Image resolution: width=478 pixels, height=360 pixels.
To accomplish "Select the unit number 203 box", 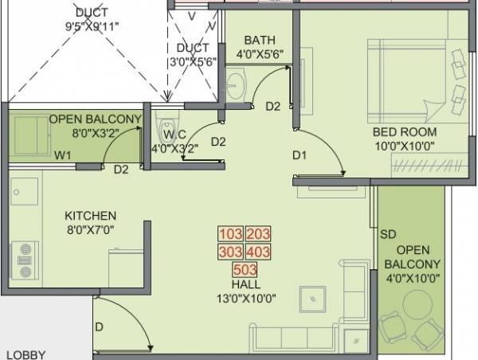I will [258, 235].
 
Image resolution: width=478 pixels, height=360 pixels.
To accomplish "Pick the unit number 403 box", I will [258, 252].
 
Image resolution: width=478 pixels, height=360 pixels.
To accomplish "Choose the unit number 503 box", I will [245, 270].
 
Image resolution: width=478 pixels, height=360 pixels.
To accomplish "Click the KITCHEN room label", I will [90, 216].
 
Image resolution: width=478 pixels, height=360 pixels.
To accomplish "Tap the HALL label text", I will [245, 285].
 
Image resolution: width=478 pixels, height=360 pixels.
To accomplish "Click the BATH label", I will [260, 41].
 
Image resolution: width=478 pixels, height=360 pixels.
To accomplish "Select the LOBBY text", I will [25, 354].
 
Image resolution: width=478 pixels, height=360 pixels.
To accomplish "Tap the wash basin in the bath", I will [237, 84].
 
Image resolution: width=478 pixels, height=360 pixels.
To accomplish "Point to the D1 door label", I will [299, 155].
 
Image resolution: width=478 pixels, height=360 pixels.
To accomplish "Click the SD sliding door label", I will [388, 234].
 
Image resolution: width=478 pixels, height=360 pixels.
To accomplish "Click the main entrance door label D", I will [99, 326].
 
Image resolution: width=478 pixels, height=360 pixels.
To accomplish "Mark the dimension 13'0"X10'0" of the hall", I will [245, 299].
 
